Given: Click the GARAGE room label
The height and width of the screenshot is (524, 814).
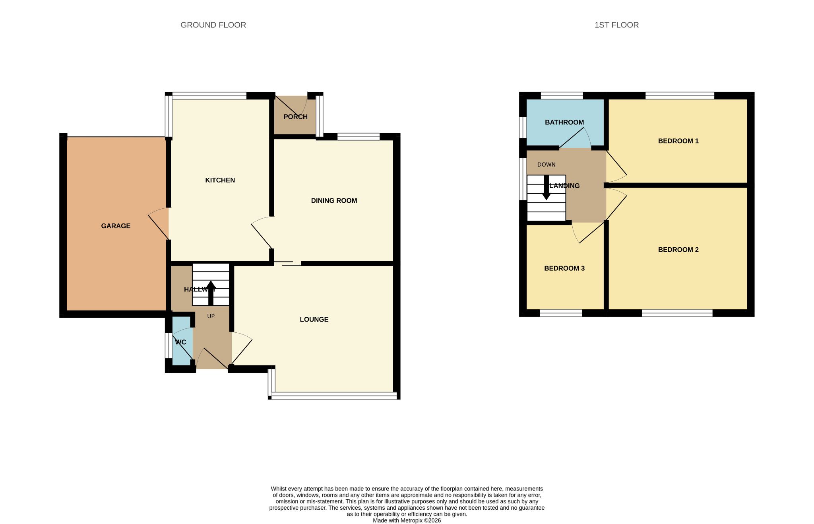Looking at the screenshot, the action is coord(116,226).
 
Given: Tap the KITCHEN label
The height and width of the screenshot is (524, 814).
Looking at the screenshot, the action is coord(220,180).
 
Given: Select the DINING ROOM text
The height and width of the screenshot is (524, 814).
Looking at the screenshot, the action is coord(334,201).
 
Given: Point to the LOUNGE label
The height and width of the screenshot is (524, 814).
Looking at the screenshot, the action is coord(314,319).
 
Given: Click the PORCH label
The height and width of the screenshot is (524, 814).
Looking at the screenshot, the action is coord(295,117).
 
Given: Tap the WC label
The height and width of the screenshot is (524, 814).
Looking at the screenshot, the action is coord(180,342).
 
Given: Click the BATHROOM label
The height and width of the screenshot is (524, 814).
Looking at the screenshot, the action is coord(564,122).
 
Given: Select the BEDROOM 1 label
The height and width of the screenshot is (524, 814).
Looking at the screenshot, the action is coord(678,141).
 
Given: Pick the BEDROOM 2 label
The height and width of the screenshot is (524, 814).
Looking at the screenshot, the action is coord(678,250).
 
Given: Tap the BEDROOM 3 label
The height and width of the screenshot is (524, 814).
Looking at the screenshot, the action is coord(564,268).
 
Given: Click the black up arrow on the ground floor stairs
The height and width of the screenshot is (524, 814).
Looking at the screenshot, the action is coord(211,293).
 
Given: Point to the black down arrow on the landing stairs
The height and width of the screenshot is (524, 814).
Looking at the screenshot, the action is coord(547,187).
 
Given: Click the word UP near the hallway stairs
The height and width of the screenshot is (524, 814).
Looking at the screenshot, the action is coord(211,316).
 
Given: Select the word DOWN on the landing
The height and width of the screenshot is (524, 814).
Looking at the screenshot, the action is coord(547,165).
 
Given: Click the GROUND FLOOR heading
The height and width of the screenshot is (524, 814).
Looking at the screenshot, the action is coord(213,25).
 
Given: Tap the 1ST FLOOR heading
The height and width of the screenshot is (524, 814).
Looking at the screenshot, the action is coord(616,25).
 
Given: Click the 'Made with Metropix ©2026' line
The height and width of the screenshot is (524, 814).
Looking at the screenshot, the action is coord(407,520).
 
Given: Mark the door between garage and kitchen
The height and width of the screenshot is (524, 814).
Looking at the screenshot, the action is coord(159,223).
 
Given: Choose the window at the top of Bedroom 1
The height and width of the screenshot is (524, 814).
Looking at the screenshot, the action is coord(680,95).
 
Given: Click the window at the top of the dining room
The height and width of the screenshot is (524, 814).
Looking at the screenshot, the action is coord(359,137).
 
